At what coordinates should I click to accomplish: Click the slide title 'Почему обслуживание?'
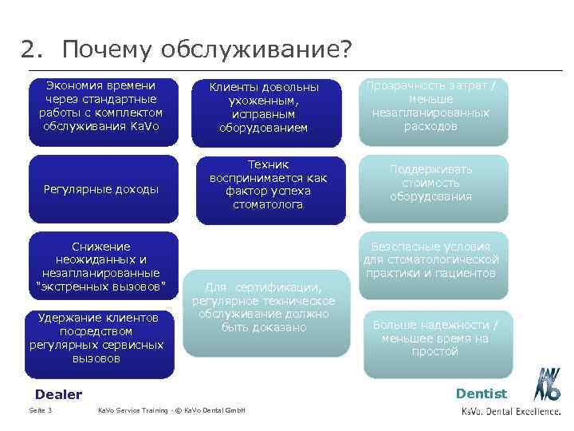(x=206, y=49)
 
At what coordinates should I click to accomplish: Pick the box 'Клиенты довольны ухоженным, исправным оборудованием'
(x=264, y=112)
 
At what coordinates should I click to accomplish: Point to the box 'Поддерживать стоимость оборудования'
(x=431, y=183)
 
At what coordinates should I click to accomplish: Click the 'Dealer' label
(x=59, y=394)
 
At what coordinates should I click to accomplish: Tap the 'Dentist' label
(x=482, y=393)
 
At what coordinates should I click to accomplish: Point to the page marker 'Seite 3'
(x=41, y=410)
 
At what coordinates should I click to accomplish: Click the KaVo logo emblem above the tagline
(x=548, y=385)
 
